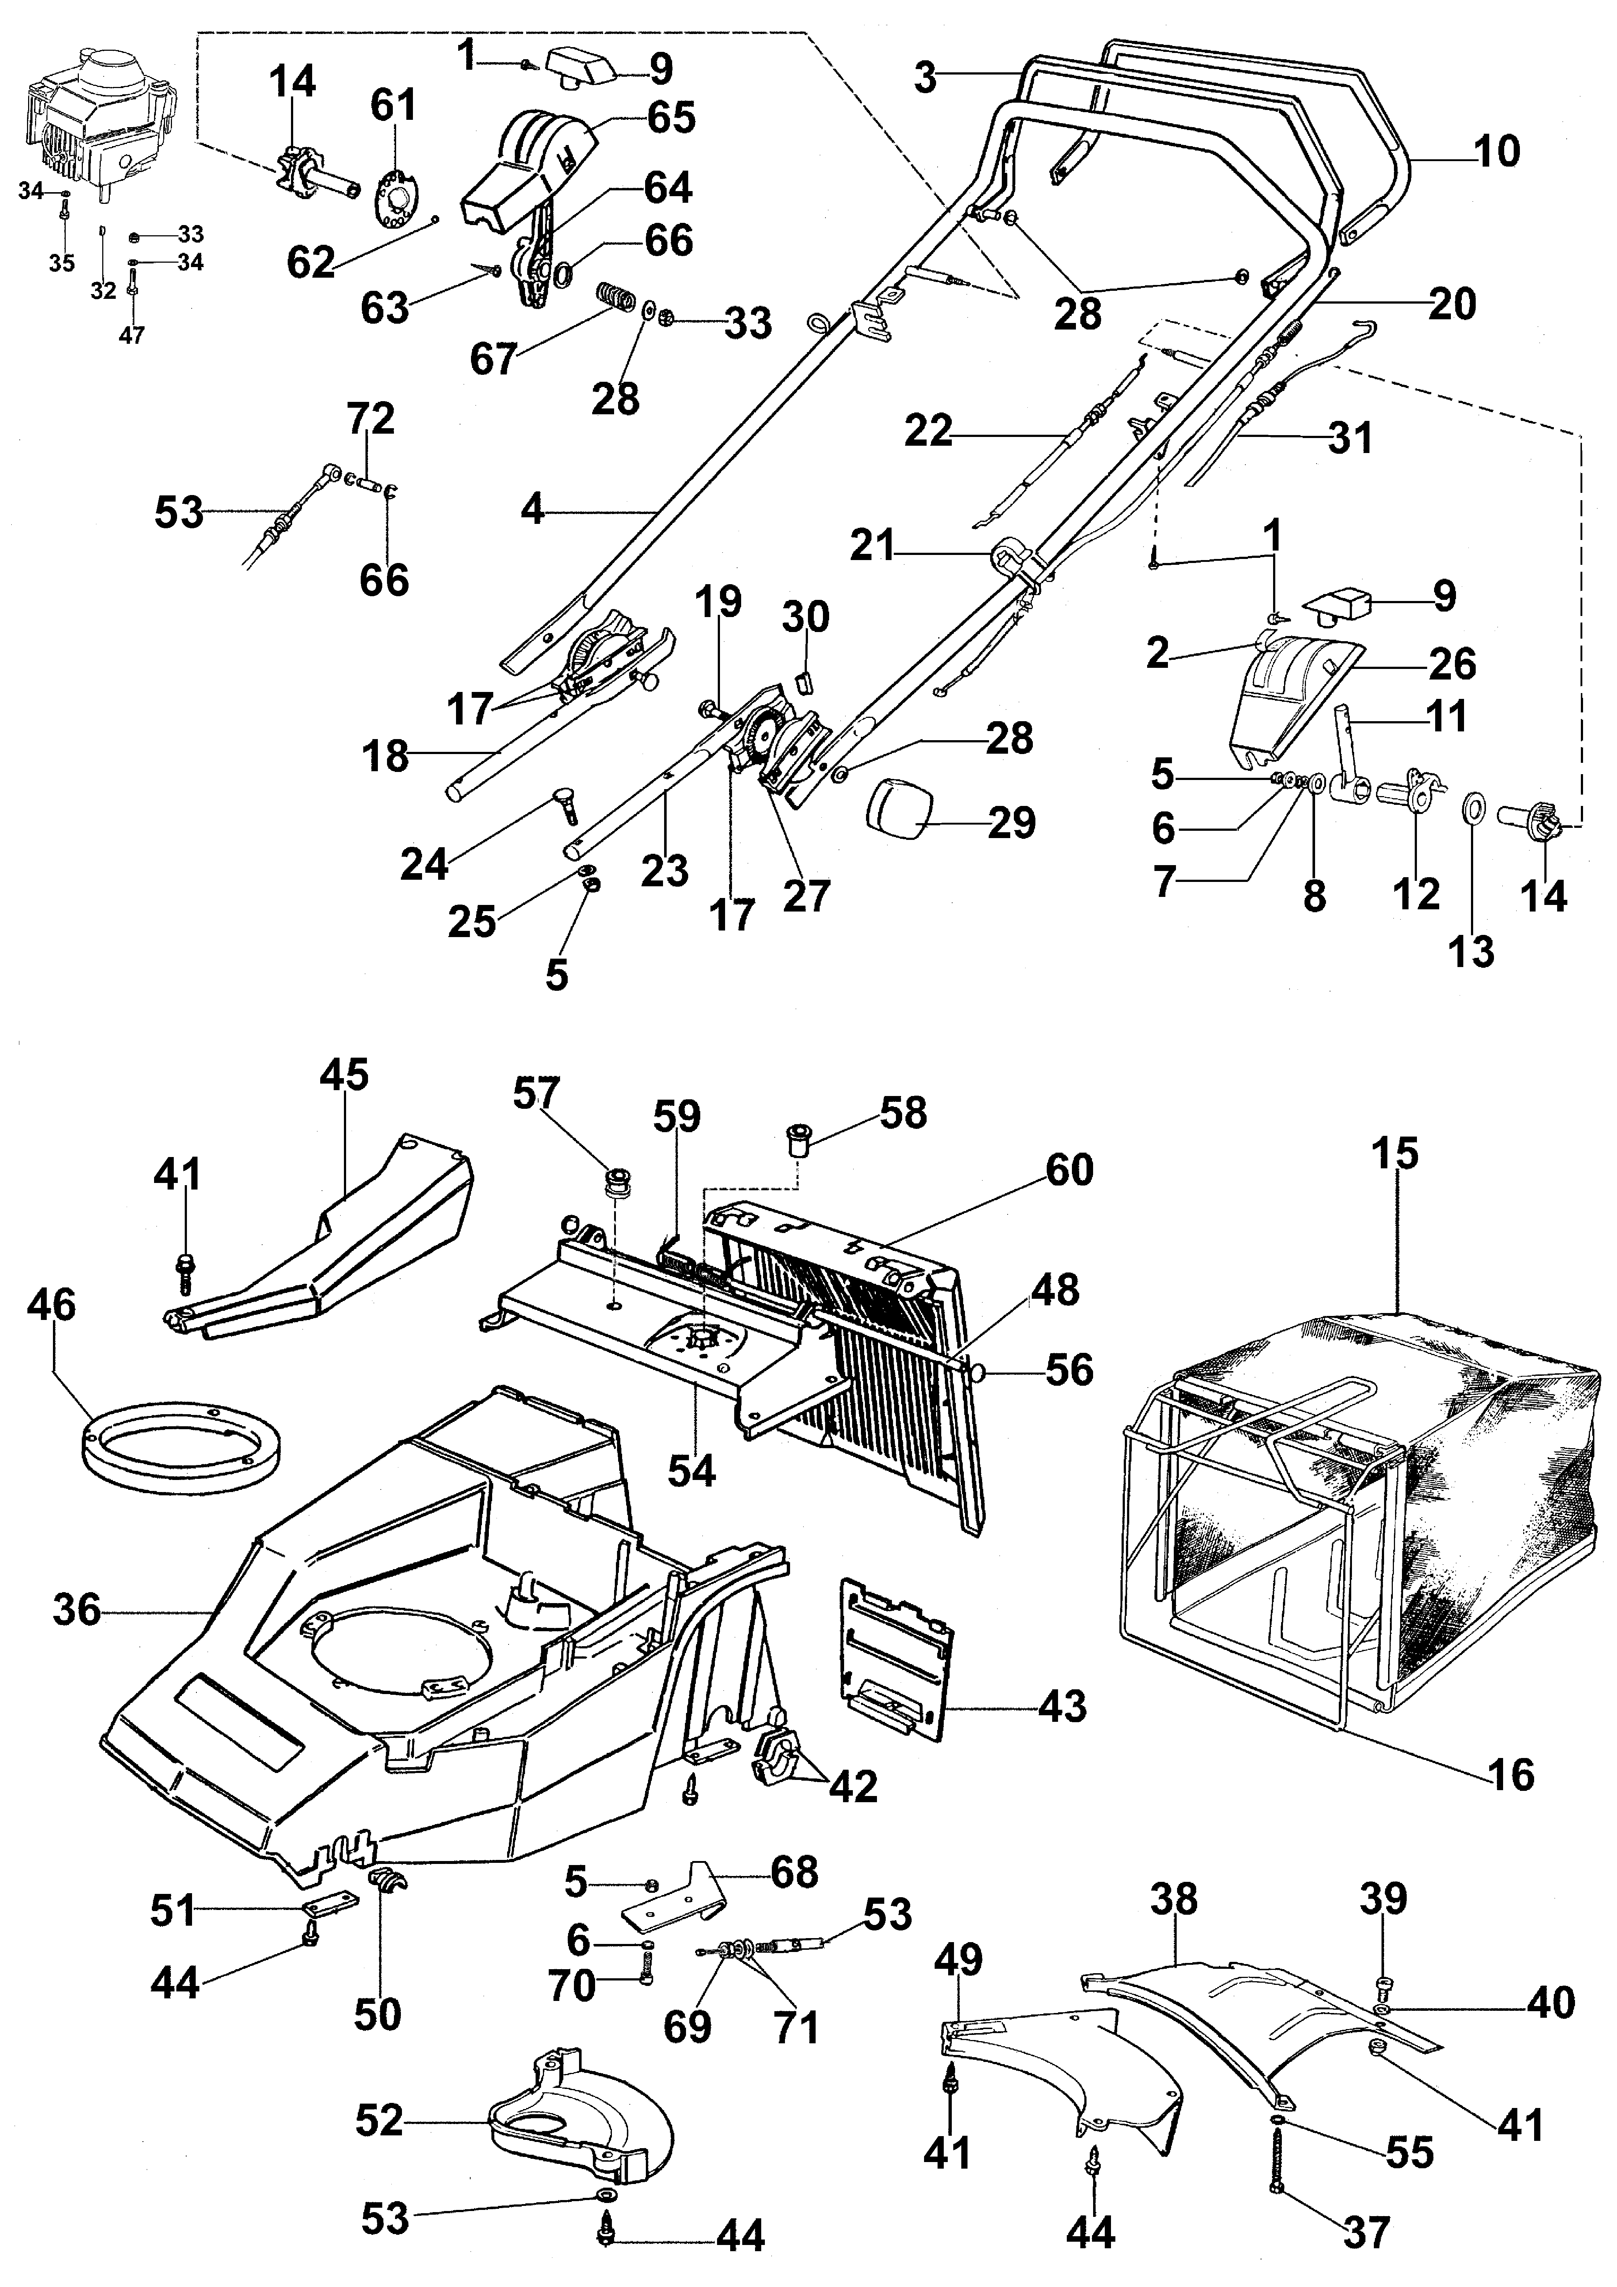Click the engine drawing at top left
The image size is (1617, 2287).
100,125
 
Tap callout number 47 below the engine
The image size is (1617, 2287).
131,335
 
